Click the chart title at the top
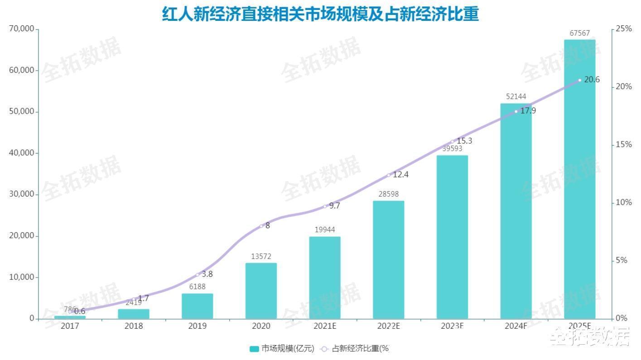coord(320,14)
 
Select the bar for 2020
coord(261,291)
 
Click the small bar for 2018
coord(134,314)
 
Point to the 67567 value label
coord(579,33)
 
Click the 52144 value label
coord(516,96)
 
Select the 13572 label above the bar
coord(261,256)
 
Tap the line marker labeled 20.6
coord(579,80)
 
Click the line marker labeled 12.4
coord(388,175)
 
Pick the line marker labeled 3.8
coord(197,274)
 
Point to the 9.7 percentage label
coord(334,206)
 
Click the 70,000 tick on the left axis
coord(22,29)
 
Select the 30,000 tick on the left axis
coord(22,194)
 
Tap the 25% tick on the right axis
coord(624,29)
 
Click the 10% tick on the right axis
coord(624,202)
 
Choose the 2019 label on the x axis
coord(197,326)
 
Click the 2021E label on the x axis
coord(324,326)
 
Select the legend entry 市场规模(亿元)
coord(282,349)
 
